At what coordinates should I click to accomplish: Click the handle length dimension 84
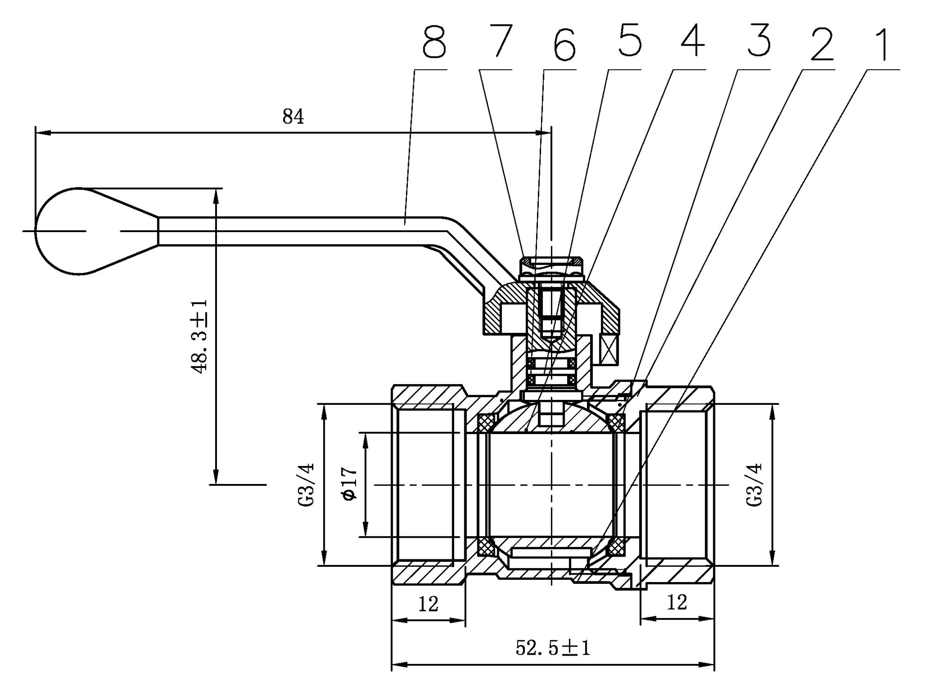click(293, 117)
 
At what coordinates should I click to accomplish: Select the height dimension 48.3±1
click(199, 336)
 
